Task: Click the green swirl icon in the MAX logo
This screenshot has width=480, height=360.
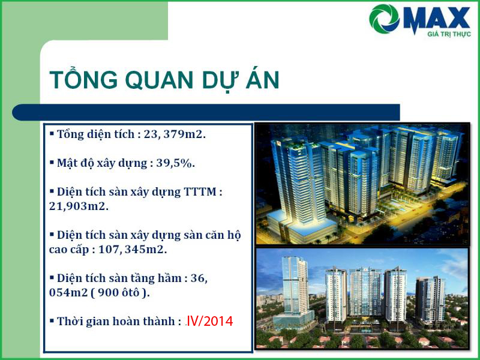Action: pyautogui.click(x=384, y=19)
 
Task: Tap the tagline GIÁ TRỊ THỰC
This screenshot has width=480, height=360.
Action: pyautogui.click(x=449, y=34)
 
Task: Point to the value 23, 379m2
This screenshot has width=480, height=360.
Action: pyautogui.click(x=175, y=134)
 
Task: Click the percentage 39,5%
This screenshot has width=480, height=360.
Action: pyautogui.click(x=175, y=163)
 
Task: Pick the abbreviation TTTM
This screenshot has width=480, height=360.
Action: pyautogui.click(x=200, y=192)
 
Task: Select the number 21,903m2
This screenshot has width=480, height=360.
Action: pyautogui.click(x=79, y=206)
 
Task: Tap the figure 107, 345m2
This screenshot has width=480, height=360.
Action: pyautogui.click(x=133, y=250)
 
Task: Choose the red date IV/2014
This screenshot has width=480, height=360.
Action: pyautogui.click(x=210, y=321)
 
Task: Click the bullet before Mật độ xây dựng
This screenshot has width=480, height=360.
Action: pyautogui.click(x=52, y=162)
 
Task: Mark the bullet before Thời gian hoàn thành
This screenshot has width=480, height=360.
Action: pyautogui.click(x=52, y=320)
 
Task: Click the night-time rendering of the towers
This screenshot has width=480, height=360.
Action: pyautogui.click(x=362, y=184)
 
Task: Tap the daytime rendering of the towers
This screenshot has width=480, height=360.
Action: pyautogui.click(x=362, y=298)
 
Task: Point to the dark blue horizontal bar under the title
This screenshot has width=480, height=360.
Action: pyautogui.click(x=206, y=112)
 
